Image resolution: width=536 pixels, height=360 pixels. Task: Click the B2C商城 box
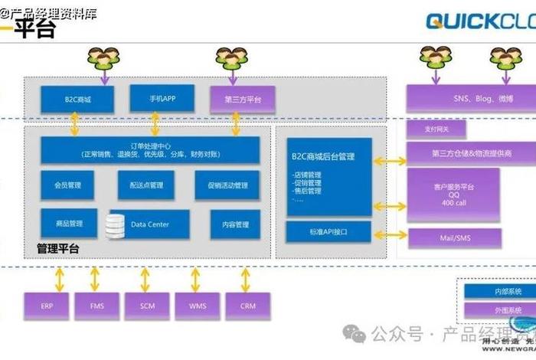[x=77, y=100]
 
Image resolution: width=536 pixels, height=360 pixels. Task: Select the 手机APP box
[x=156, y=98]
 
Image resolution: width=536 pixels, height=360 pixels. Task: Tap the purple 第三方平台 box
[x=243, y=100]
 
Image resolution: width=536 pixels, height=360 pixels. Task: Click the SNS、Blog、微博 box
[x=472, y=98]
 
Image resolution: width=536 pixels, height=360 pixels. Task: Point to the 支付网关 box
[x=435, y=129]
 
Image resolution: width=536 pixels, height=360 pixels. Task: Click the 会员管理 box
[x=68, y=185]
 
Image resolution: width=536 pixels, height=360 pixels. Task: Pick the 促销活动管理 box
[x=227, y=185]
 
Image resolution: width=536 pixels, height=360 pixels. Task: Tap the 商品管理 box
[x=68, y=224]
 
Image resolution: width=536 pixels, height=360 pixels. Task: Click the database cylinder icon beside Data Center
[x=115, y=224]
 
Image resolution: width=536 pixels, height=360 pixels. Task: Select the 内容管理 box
[x=234, y=224]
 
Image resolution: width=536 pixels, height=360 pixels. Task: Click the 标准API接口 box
[x=328, y=231]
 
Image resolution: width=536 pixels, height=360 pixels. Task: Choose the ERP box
[x=46, y=306]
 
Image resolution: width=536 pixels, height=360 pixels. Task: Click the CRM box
[x=248, y=306]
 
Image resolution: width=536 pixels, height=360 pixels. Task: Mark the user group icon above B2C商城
[x=104, y=57]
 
